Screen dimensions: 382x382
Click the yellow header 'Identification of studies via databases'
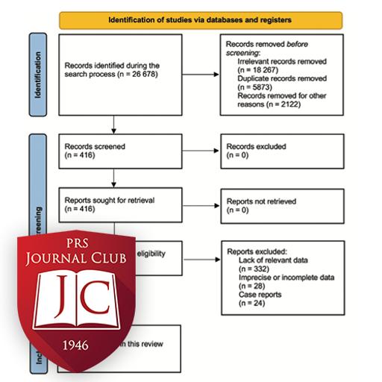tap(201, 19)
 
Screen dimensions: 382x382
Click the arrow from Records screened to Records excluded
tap(191, 151)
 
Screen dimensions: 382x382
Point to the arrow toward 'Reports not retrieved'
tap(191, 206)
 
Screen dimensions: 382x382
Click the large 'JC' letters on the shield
tap(77, 292)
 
